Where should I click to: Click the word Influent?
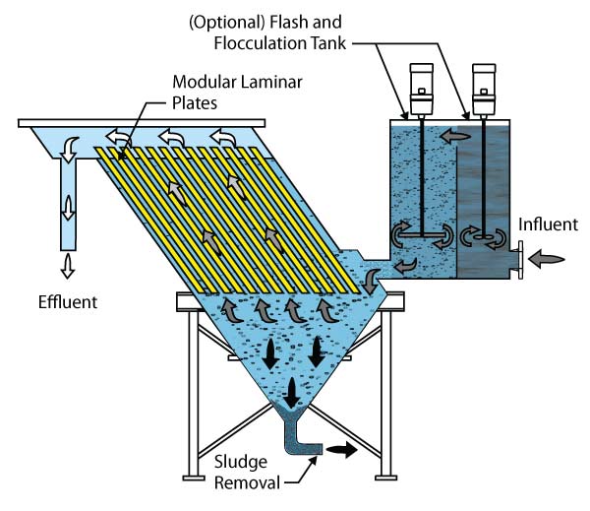548,224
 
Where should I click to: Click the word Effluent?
68,302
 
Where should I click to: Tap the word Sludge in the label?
241,463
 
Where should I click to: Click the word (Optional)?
227,23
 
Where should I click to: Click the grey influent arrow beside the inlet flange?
547,259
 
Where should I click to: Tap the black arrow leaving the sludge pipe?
341,450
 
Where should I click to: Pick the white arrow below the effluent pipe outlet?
68,266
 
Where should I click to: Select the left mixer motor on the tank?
422,90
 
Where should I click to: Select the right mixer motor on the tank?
484,90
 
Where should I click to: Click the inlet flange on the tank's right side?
520,260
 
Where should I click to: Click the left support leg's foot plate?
194,479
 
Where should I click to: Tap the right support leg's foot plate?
386,479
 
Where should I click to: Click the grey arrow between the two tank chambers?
455,136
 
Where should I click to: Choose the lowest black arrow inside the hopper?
291,393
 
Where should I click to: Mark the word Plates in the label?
195,103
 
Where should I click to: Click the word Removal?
247,483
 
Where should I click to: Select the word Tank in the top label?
328,43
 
